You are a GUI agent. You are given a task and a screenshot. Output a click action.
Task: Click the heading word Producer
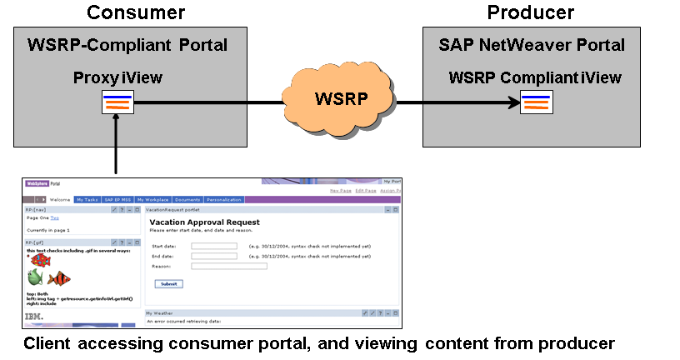pyautogui.click(x=530, y=12)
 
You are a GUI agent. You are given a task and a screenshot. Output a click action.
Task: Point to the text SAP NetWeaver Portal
pyautogui.click(x=532, y=45)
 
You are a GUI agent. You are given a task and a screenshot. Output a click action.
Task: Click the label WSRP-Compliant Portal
pyautogui.click(x=127, y=45)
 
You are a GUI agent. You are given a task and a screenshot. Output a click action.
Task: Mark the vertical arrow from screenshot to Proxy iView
pyautogui.click(x=116, y=143)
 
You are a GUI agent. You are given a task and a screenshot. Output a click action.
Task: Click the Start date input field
pyautogui.click(x=214, y=246)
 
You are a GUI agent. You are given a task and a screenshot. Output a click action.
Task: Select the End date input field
pyautogui.click(x=214, y=256)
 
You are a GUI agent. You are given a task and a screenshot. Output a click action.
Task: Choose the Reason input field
pyautogui.click(x=229, y=266)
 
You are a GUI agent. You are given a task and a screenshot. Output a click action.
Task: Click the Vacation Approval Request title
pyautogui.click(x=204, y=222)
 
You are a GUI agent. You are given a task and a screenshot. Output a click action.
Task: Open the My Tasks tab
pyautogui.click(x=87, y=200)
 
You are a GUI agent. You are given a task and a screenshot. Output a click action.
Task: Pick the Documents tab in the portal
pyautogui.click(x=187, y=200)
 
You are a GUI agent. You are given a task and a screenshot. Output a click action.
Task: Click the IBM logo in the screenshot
pyautogui.click(x=34, y=316)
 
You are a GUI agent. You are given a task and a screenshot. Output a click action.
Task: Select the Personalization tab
pyautogui.click(x=223, y=200)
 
